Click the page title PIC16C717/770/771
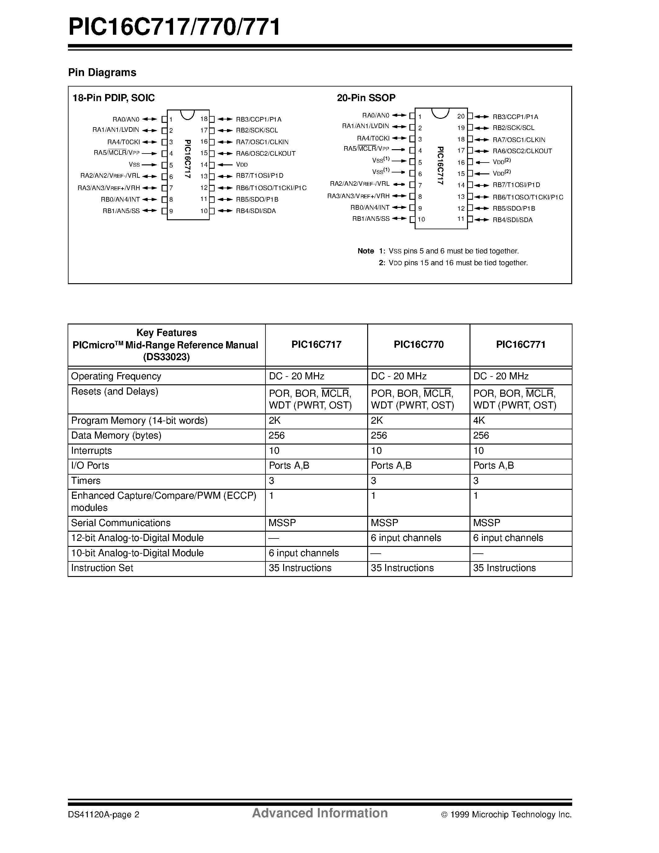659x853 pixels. [174, 27]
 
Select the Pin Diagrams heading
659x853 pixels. [102, 73]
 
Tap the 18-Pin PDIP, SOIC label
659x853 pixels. [114, 98]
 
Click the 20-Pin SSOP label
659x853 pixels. [366, 98]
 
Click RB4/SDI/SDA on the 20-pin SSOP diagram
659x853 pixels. [512, 220]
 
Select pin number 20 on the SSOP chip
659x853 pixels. [461, 116]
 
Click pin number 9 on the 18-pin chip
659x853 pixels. [171, 211]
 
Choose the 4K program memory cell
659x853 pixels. [479, 421]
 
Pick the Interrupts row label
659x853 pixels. [91, 451]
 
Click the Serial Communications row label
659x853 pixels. [121, 523]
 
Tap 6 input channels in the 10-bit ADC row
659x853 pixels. [303, 553]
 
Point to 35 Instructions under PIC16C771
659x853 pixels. [504, 568]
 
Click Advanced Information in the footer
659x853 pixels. [320, 813]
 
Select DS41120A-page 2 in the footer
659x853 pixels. [104, 815]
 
